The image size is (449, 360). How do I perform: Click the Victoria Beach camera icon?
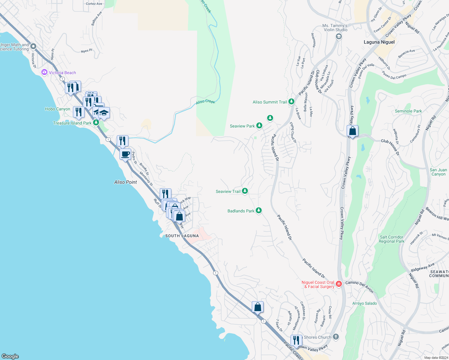tap(44, 72)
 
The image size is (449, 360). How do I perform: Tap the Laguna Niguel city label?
tap(379, 42)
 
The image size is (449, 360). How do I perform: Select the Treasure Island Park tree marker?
tap(96, 123)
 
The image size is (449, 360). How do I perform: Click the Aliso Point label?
tap(125, 182)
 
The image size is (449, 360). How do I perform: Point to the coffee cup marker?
tap(125, 154)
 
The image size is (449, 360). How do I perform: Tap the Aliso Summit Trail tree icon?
tap(291, 102)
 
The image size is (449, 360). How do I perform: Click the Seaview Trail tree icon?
tap(245, 191)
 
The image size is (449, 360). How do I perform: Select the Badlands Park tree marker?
tap(258, 211)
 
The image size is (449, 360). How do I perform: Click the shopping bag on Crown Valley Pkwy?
tap(352, 131)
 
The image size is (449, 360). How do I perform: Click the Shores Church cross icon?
tap(336, 337)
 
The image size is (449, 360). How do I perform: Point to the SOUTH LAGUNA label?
tap(182, 236)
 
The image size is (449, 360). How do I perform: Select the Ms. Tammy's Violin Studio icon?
tap(339, 37)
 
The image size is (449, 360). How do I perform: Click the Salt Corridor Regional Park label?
tap(391, 239)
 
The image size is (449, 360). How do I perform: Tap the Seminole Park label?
tap(408, 111)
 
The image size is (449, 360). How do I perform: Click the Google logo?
tap(10, 356)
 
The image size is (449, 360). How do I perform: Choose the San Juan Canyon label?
tap(438, 172)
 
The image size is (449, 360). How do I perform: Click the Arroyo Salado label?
tap(364, 303)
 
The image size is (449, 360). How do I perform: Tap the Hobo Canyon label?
tap(58, 109)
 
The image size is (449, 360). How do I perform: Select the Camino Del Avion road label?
tap(359, 286)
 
